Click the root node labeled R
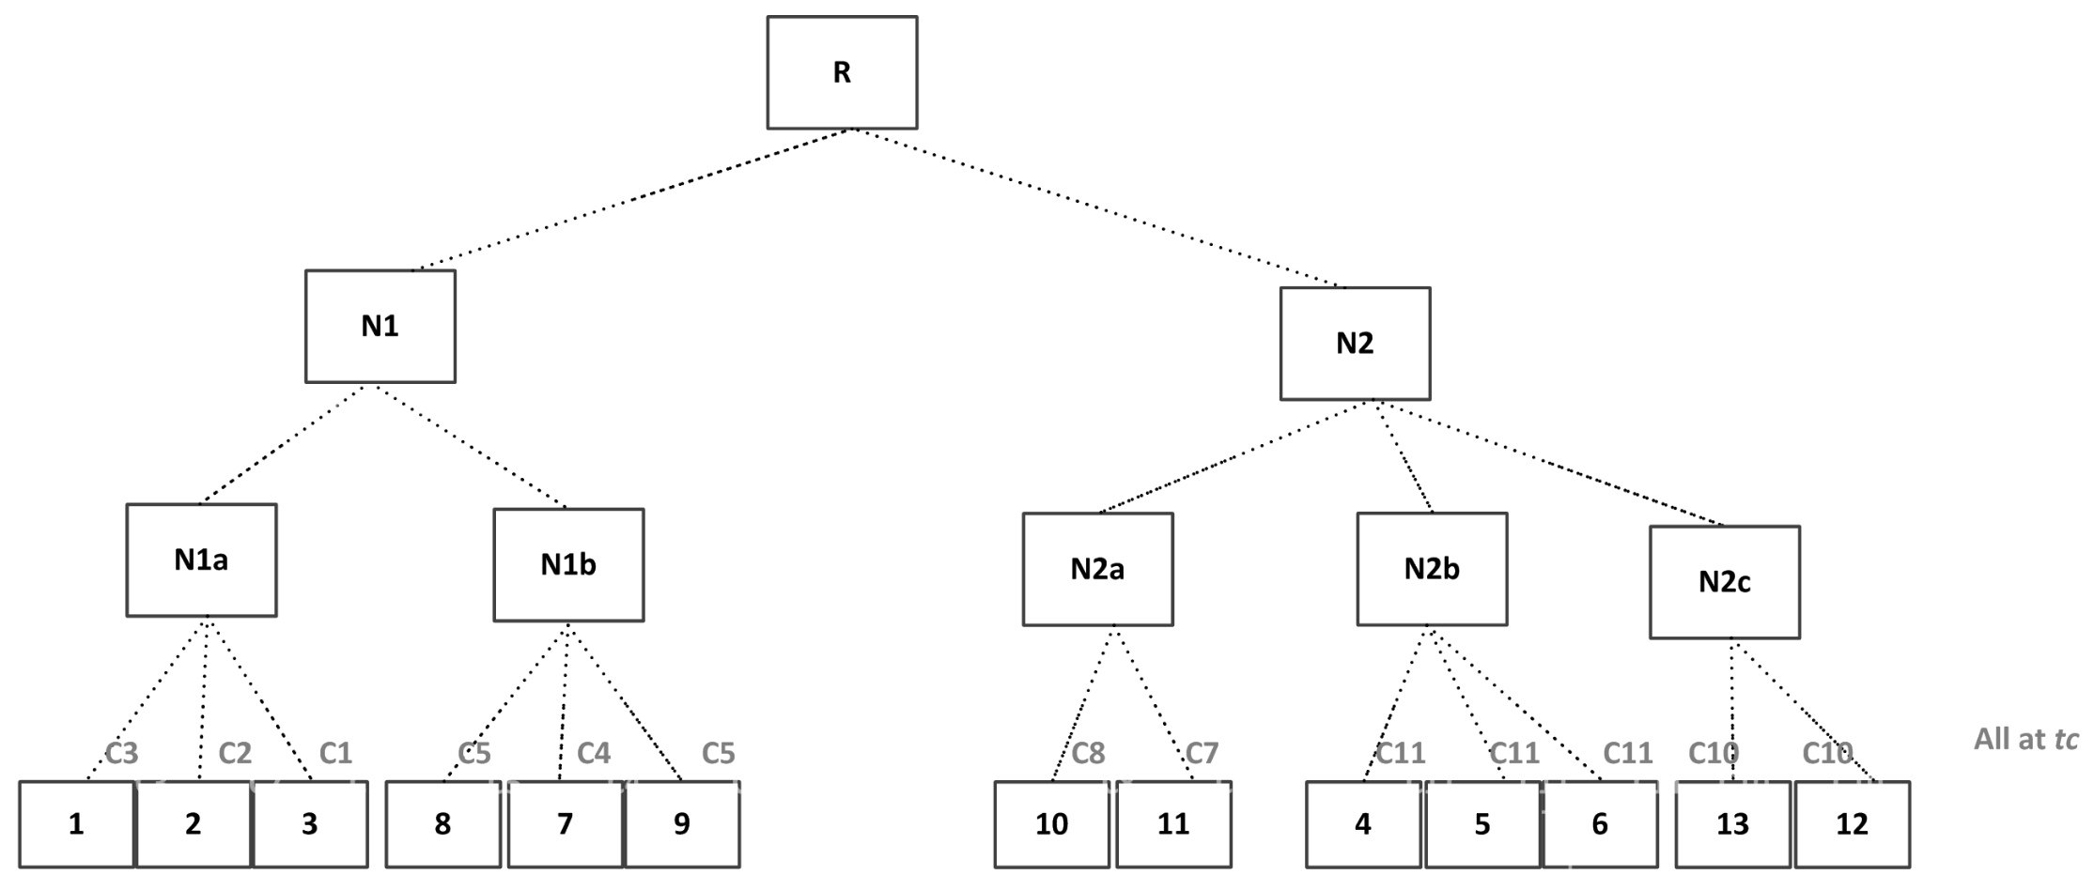[842, 72]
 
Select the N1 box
[380, 327]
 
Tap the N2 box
[1355, 344]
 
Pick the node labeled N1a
[201, 560]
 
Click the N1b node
[568, 565]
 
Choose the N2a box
[1097, 569]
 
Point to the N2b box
[1432, 569]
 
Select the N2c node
[1724, 582]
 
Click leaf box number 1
[76, 824]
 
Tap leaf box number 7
[565, 824]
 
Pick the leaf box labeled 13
[1732, 824]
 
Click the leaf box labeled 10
[1051, 824]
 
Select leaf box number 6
[1599, 824]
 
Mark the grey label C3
[121, 754]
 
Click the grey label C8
[1088, 754]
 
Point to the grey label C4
[594, 754]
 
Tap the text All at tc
[2025, 740]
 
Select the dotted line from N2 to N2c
[1550, 464]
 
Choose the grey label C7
[1202, 754]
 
